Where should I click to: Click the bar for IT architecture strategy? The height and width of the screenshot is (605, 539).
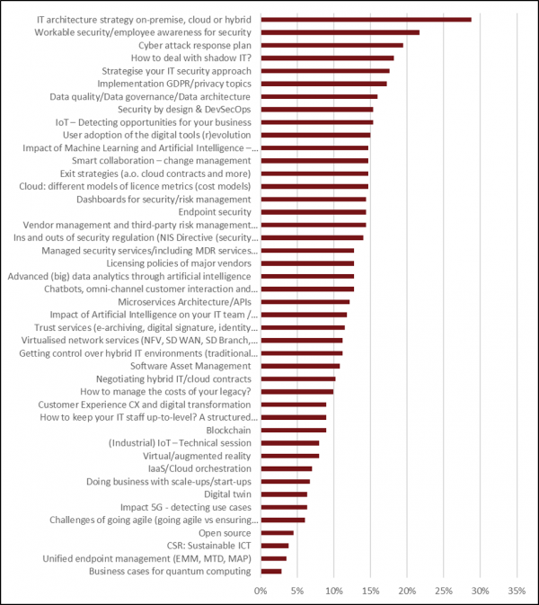tap(366, 19)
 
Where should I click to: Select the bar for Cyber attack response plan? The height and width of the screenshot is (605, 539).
tap(331, 45)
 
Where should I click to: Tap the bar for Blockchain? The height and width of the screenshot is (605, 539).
tap(293, 431)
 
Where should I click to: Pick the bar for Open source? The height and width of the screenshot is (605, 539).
tap(277, 533)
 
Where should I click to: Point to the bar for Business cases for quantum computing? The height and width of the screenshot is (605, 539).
tap(270, 572)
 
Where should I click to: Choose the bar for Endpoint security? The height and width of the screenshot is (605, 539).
tap(314, 212)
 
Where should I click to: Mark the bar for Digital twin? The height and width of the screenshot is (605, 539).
tap(284, 494)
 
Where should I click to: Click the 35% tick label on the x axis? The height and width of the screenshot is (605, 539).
tap(517, 591)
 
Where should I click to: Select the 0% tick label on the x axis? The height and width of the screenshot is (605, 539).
tap(261, 591)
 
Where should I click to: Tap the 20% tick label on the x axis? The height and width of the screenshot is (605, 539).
tap(407, 591)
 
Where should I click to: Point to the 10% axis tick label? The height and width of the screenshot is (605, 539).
tap(333, 591)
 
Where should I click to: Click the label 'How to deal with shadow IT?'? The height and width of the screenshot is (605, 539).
tap(193, 58)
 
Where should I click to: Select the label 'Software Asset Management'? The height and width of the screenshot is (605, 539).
tap(191, 366)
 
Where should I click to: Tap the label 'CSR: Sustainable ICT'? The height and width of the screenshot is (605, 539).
tap(204, 546)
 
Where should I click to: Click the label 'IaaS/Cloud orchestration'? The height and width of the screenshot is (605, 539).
tap(199, 468)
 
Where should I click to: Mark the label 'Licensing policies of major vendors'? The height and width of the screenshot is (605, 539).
tap(179, 263)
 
